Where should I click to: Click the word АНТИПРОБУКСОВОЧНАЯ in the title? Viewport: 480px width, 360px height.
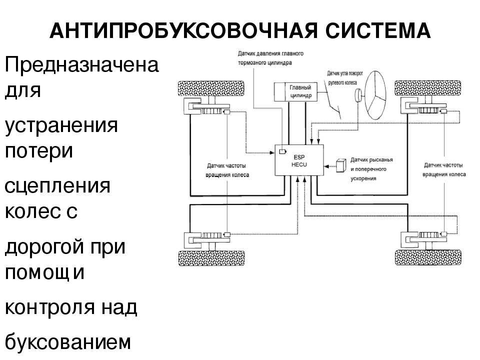(183, 30)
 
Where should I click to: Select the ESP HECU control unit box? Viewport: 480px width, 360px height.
(299, 160)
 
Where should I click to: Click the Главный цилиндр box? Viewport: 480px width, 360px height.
(295, 92)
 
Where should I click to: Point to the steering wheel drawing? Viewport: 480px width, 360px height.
(375, 95)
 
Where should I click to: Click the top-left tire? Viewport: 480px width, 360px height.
(211, 88)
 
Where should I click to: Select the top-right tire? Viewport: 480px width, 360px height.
(427, 88)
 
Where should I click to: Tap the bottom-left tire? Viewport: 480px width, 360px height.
(211, 258)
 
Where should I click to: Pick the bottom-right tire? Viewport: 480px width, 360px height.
(428, 257)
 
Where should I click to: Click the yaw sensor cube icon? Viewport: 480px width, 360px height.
(341, 165)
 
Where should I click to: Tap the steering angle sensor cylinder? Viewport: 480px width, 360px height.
(358, 95)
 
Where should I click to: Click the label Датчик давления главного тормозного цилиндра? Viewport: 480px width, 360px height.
(270, 58)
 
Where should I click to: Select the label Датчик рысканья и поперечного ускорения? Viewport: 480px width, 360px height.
(371, 169)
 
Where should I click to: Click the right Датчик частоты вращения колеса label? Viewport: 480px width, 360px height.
(444, 169)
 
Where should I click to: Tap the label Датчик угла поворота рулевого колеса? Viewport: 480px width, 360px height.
(344, 78)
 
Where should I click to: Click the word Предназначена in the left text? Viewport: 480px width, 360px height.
(81, 64)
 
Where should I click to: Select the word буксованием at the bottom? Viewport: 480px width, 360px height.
(67, 342)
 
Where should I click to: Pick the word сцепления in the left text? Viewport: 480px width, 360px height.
(57, 186)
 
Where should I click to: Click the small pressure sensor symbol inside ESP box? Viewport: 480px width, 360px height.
(282, 151)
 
